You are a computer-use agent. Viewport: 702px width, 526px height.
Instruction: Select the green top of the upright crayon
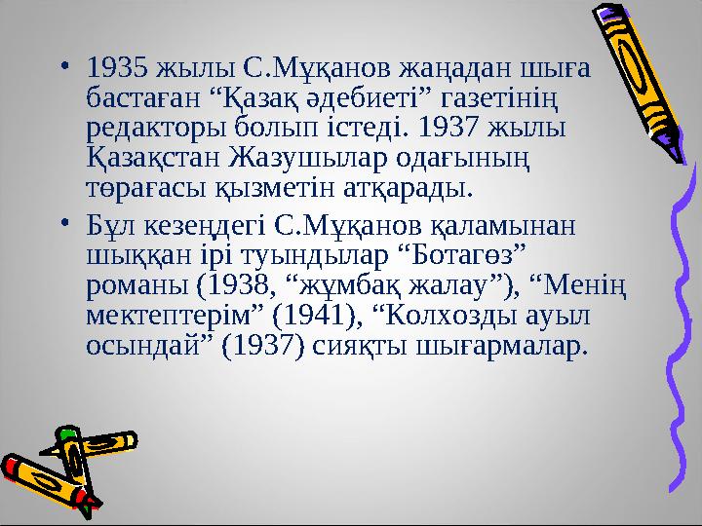pos(67,434)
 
